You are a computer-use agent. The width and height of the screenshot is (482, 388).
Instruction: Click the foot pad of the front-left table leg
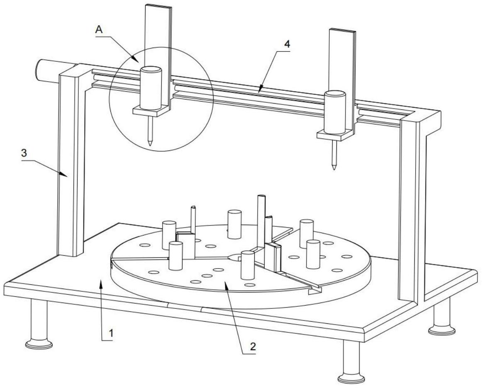pyautogui.click(x=39, y=344)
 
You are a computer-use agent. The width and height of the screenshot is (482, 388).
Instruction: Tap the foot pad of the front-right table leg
pyautogui.click(x=351, y=378)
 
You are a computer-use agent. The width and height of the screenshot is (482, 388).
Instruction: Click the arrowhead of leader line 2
pyautogui.click(x=225, y=283)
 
